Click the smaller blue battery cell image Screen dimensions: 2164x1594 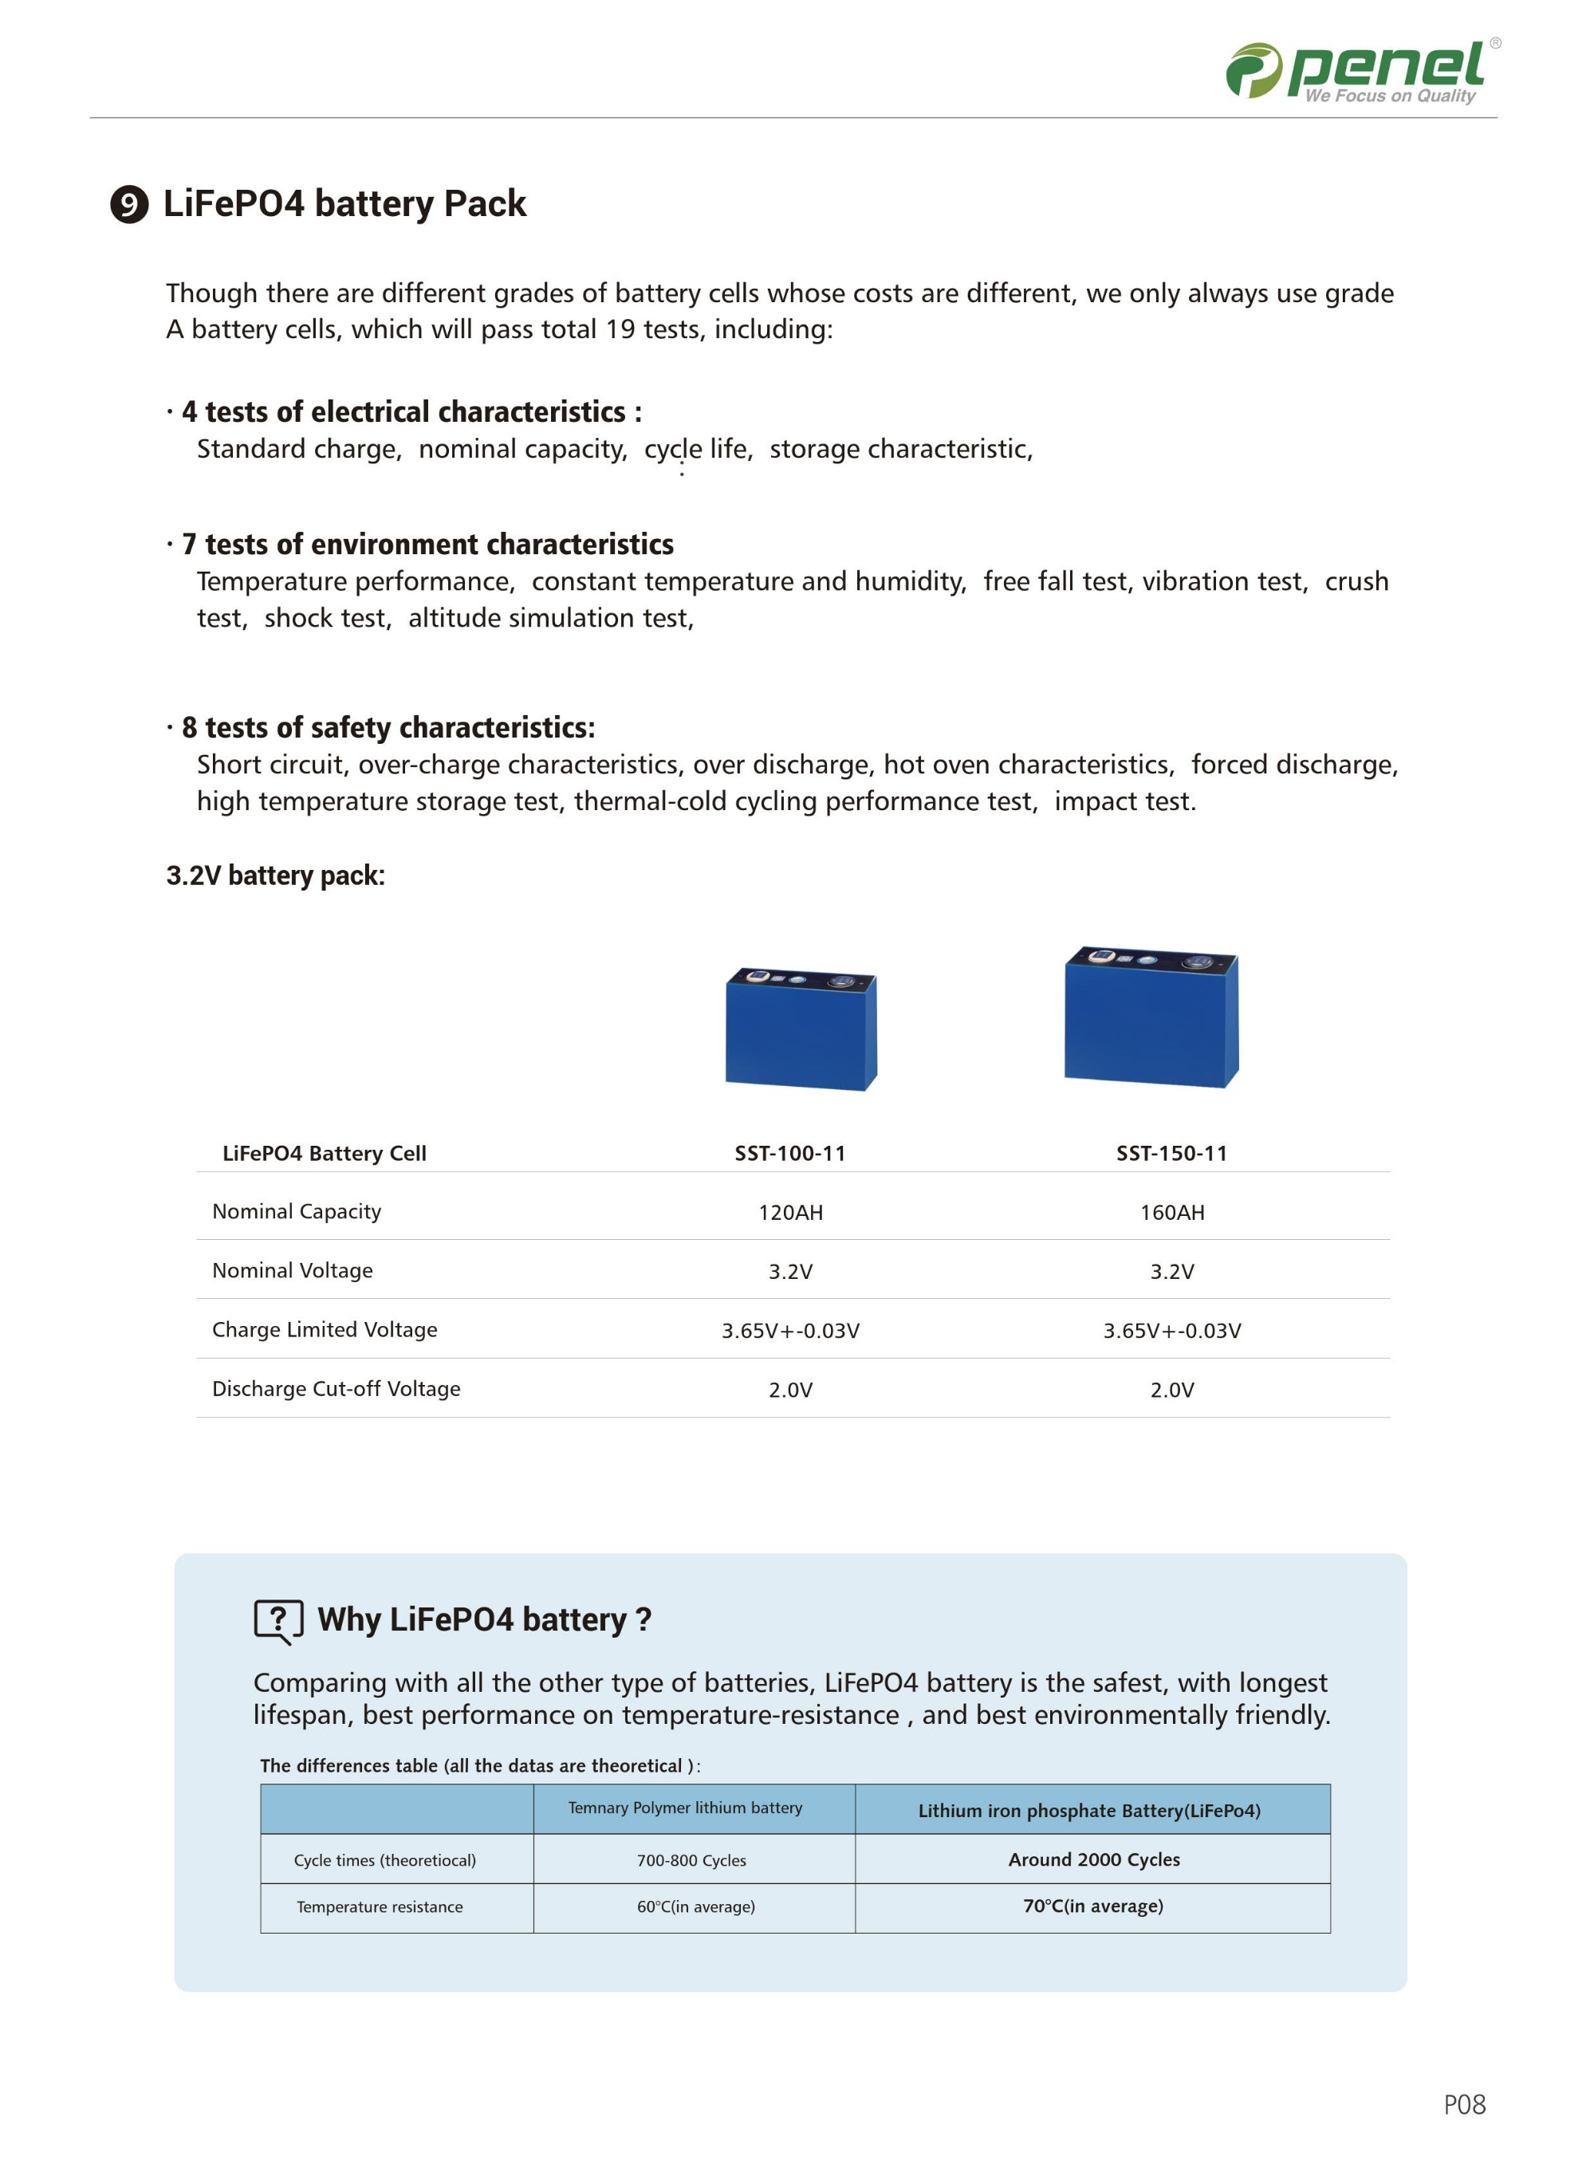[x=801, y=1029]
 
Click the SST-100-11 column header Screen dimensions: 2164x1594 [x=790, y=1153]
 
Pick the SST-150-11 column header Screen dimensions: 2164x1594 [x=1171, y=1153]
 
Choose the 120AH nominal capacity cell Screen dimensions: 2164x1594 [x=790, y=1213]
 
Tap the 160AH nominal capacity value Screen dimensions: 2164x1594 [x=1171, y=1213]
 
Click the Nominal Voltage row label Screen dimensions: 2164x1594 [x=293, y=1271]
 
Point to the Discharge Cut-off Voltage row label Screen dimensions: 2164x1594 [x=336, y=1388]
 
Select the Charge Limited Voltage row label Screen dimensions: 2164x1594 [x=325, y=1329]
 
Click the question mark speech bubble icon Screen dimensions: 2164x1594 [x=277, y=1620]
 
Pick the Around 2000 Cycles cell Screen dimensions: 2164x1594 [x=1093, y=1859]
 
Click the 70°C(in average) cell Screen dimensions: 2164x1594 [x=1092, y=1906]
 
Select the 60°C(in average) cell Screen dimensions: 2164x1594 [x=695, y=1907]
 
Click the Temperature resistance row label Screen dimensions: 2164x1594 [x=380, y=1907]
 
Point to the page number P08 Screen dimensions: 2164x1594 [x=1464, y=2105]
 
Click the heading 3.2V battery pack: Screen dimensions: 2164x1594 [x=275, y=876]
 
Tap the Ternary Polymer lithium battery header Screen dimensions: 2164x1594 [x=685, y=1808]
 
